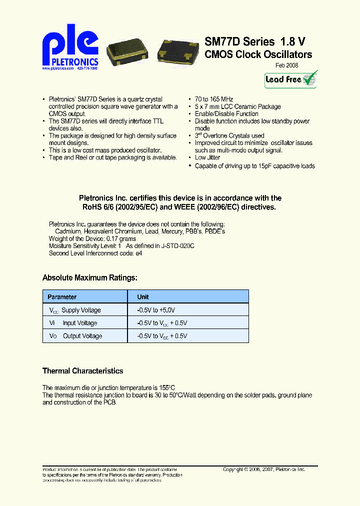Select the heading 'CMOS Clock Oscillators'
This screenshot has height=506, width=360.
click(258, 55)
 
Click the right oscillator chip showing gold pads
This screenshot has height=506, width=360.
click(177, 52)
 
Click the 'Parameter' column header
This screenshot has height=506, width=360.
click(62, 297)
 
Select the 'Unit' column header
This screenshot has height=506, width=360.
click(143, 297)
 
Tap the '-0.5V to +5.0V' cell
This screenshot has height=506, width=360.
click(156, 310)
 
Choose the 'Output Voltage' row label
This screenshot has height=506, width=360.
click(82, 336)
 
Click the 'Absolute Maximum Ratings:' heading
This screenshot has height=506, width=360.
click(90, 278)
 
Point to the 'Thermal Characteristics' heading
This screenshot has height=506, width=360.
click(82, 371)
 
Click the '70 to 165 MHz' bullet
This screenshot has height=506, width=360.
click(214, 99)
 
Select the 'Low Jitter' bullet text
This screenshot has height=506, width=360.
click(207, 158)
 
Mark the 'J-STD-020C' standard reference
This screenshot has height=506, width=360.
click(177, 246)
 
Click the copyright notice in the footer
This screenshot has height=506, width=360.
click(264, 469)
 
